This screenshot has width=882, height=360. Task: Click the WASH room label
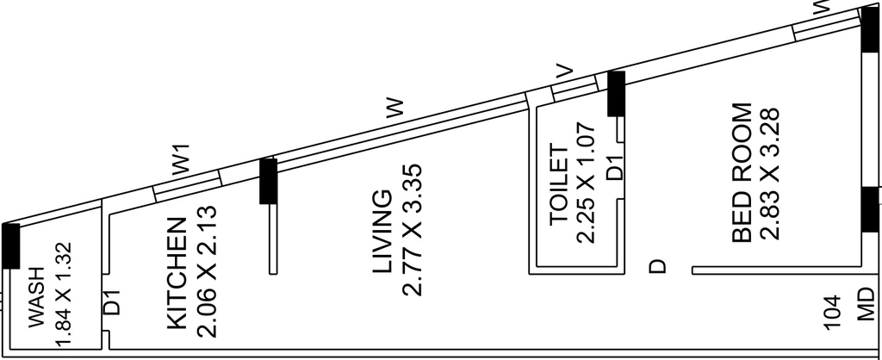(36, 297)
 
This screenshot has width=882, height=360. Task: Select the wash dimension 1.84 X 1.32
(65, 294)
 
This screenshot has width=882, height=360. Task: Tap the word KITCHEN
(177, 273)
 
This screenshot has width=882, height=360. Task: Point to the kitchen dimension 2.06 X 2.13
(207, 271)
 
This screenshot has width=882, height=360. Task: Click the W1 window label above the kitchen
(182, 158)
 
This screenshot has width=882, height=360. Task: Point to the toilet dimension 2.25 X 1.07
(586, 183)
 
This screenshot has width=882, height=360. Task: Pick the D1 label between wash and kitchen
(111, 301)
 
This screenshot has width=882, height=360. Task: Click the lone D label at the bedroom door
(657, 266)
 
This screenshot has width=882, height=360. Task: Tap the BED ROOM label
(742, 173)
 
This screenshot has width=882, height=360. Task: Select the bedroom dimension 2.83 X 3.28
(770, 174)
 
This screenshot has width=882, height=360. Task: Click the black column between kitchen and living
(269, 181)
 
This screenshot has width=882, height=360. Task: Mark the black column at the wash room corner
(10, 245)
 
